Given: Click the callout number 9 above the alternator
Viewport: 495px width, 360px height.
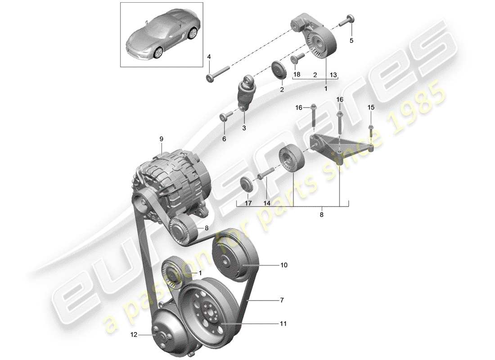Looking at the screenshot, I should (161, 139).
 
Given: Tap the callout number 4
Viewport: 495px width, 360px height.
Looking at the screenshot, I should (209, 57).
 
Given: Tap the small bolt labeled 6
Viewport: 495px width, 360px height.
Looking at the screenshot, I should (224, 117).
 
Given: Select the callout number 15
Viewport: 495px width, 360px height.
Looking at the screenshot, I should (371, 107).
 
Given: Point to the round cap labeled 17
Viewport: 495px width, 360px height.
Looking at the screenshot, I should (246, 184).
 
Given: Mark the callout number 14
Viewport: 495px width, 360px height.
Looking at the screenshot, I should (267, 203).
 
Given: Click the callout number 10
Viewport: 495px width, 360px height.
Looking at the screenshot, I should (283, 265).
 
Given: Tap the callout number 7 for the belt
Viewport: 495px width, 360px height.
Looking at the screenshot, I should (282, 299).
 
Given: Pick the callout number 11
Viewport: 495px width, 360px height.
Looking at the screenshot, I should (283, 323).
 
